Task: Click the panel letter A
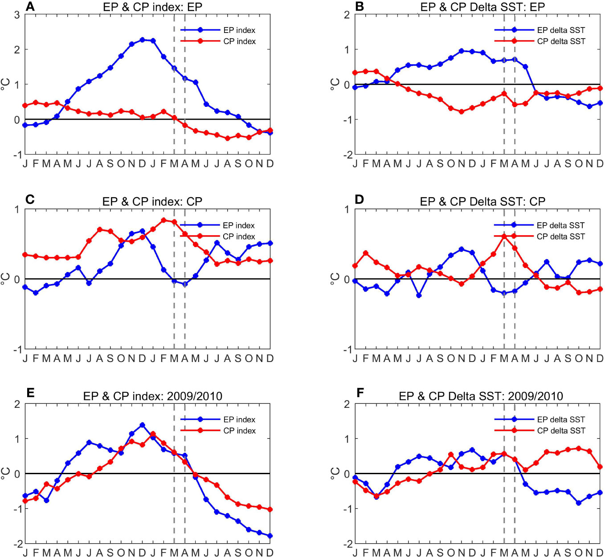coord(30,6)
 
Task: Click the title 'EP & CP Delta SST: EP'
coord(482,7)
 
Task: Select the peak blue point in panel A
coord(142,40)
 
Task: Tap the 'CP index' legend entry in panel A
coord(239,41)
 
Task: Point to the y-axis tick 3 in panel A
coord(17,15)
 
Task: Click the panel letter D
coord(359,199)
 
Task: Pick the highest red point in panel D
coord(504,236)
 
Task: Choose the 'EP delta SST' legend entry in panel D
coord(560,225)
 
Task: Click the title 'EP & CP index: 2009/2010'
coord(152,396)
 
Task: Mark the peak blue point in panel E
coord(142,425)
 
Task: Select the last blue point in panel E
coord(270,536)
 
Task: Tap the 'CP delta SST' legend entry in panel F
coord(561,431)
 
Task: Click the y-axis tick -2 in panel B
coord(346,154)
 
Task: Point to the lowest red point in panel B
coord(462,112)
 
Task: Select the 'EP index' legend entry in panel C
coord(239,225)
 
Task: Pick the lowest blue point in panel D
coord(419,295)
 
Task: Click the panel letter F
coord(360,393)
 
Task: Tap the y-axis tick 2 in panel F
coord(347,404)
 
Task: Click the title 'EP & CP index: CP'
coord(152,202)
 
